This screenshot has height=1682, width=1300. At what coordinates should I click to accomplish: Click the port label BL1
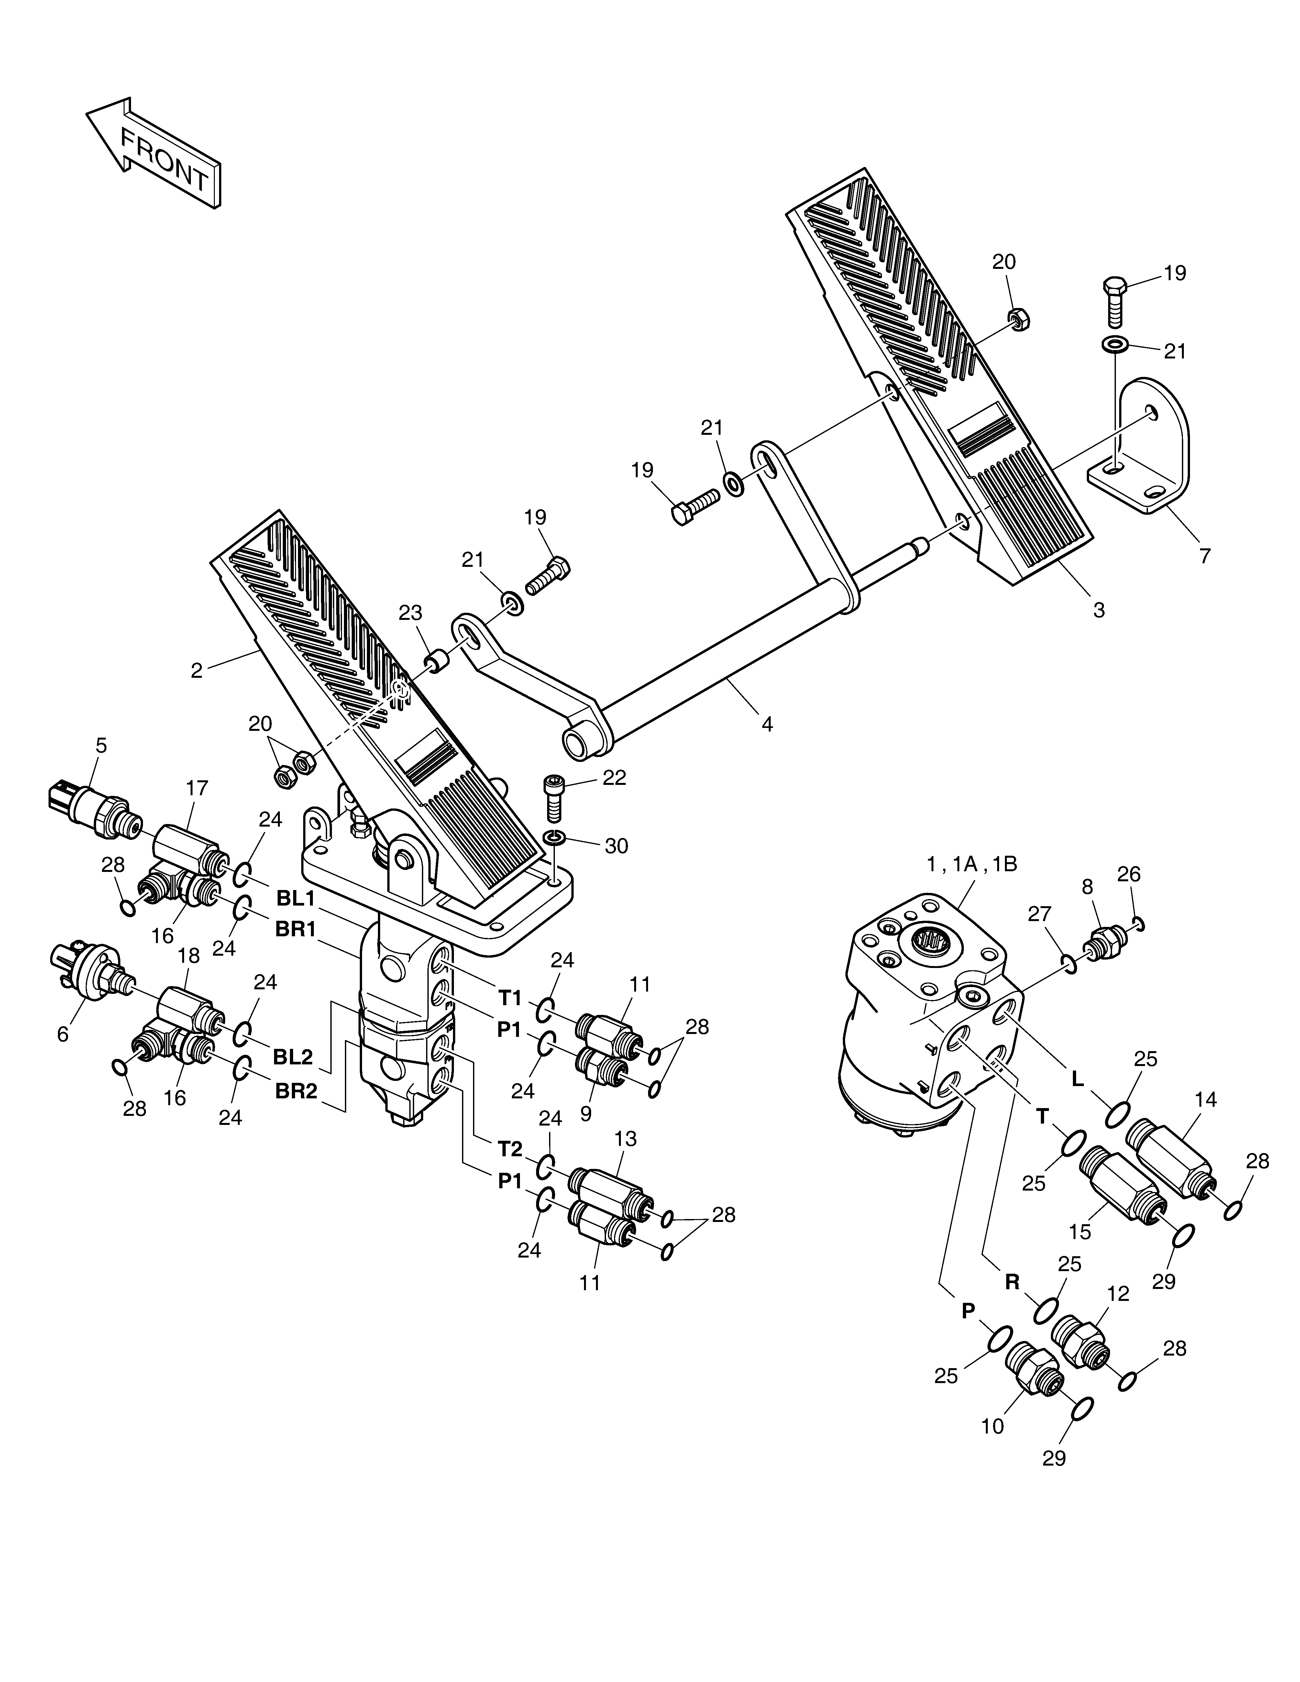pos(296,898)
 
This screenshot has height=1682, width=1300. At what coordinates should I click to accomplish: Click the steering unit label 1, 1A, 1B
pos(972,864)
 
